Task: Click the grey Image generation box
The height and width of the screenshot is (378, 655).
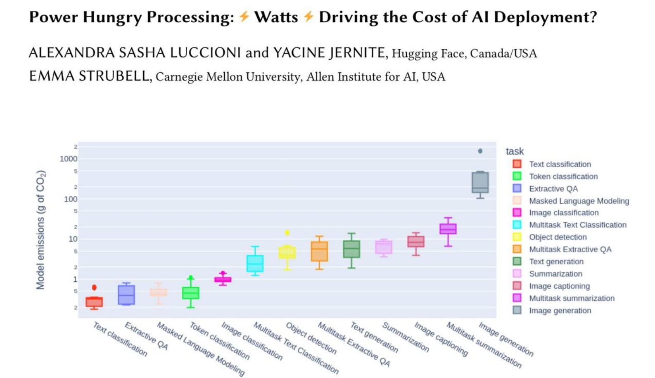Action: [x=480, y=182]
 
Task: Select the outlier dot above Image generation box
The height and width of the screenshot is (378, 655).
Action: [x=480, y=151]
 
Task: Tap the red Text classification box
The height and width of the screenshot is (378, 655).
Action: [x=94, y=302]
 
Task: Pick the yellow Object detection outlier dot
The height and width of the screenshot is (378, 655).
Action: [x=287, y=233]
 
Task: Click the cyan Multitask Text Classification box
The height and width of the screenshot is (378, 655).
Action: [x=255, y=264]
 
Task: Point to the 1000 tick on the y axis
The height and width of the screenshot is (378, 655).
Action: [x=69, y=159]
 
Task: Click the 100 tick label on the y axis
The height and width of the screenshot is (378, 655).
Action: [x=71, y=199]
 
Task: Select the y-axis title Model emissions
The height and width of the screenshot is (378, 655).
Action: [x=40, y=230]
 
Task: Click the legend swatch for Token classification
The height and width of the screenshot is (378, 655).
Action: [x=517, y=176]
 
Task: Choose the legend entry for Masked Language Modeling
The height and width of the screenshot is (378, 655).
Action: [x=579, y=201]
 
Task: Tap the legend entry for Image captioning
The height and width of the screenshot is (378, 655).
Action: [x=559, y=286]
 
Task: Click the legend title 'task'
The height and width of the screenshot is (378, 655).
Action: [x=515, y=151]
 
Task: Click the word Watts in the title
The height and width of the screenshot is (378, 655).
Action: [x=276, y=17]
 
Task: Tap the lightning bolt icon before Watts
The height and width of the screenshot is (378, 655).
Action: [x=244, y=17]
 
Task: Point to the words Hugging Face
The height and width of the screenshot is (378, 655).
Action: [x=427, y=53]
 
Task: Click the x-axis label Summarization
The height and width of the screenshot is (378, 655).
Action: [x=406, y=337]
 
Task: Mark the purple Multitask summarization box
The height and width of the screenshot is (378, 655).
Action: [x=448, y=229]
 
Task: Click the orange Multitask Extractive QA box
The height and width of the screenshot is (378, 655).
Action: [x=319, y=251]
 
